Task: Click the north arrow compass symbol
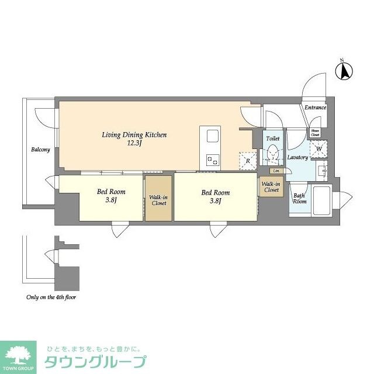pyautogui.click(x=345, y=71)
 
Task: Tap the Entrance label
pyautogui.click(x=315, y=108)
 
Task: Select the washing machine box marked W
pyautogui.click(x=318, y=148)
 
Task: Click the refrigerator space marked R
pyautogui.click(x=248, y=160)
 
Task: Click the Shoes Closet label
pyautogui.click(x=315, y=132)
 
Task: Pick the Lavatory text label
pyautogui.click(x=298, y=158)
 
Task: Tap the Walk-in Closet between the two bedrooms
pyautogui.click(x=158, y=200)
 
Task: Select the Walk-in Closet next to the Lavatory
pyautogui.click(x=271, y=188)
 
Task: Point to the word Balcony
pyautogui.click(x=40, y=150)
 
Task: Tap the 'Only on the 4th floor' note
pyautogui.click(x=51, y=297)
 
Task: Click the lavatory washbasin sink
pyautogui.click(x=321, y=171)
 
